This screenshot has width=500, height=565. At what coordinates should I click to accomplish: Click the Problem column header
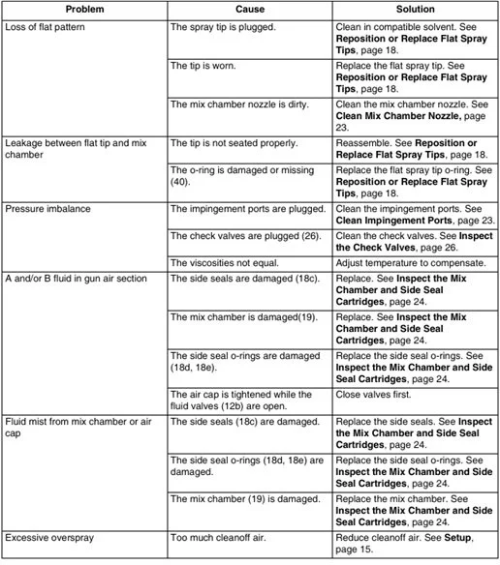[x=84, y=9]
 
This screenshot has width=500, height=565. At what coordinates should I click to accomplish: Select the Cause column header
[x=249, y=9]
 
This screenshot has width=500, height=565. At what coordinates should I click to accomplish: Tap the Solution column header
[x=415, y=9]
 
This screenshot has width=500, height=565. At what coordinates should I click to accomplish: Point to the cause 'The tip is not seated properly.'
[x=238, y=141]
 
